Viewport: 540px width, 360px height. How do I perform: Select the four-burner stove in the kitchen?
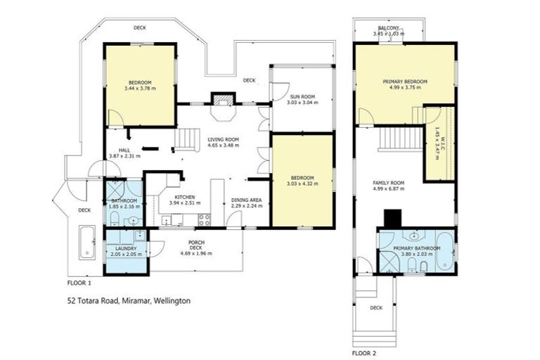pos(205,219)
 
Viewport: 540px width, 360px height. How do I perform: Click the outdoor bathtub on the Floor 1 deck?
pos(86,242)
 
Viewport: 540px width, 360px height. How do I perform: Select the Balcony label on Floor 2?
pos(389,27)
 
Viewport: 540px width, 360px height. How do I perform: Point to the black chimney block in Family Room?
pos(390,219)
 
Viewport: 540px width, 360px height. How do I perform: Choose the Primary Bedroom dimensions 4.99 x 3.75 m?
pos(404,88)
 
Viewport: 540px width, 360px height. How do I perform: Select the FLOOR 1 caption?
pos(79,283)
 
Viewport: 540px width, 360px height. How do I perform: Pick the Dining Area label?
pos(246,200)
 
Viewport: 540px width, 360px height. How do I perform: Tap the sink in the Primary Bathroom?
pos(415,236)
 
